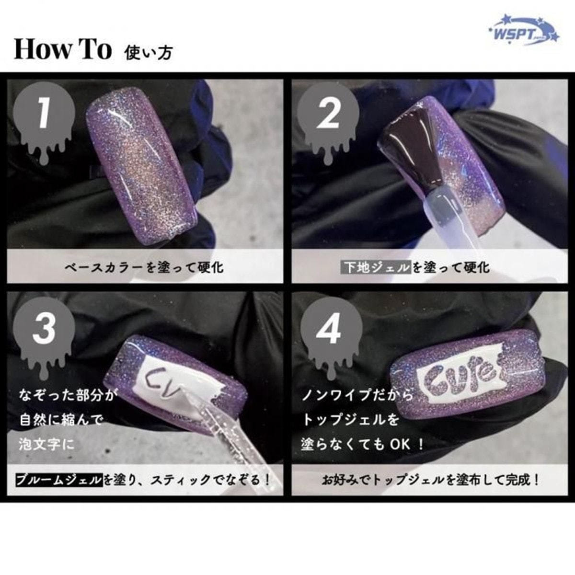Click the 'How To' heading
(x=63, y=50)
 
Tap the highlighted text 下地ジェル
(x=377, y=267)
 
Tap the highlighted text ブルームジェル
(x=60, y=479)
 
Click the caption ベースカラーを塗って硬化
(x=144, y=267)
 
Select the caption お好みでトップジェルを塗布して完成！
(x=431, y=479)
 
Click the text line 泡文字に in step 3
(x=47, y=444)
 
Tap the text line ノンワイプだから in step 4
(x=356, y=396)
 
